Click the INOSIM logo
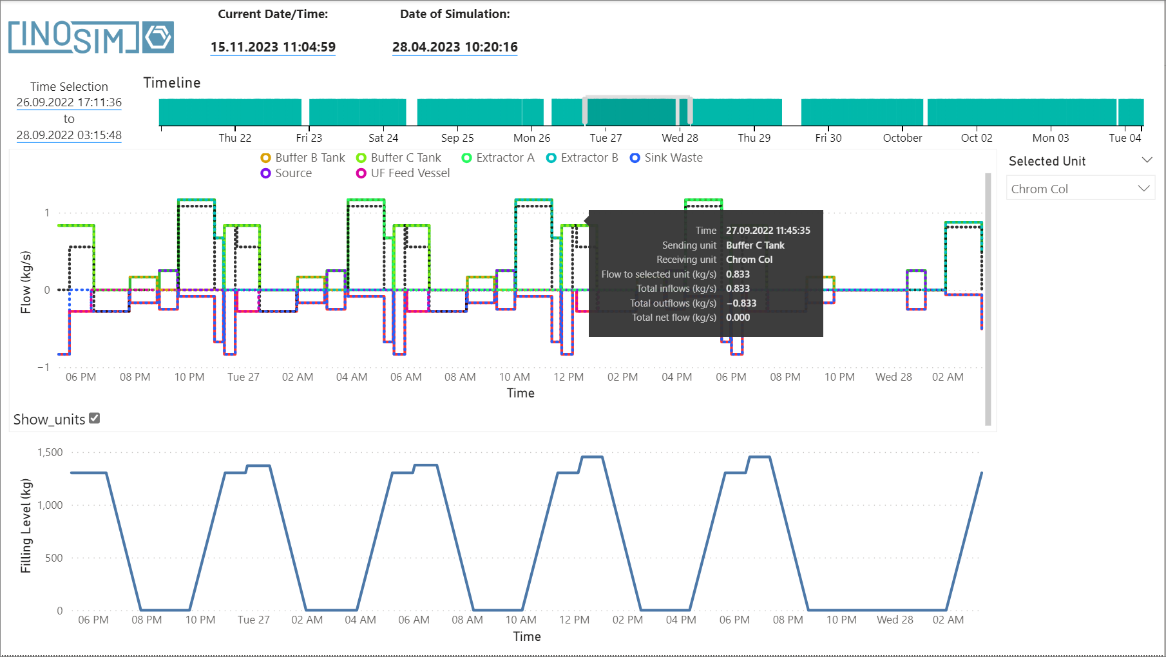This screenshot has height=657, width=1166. click(x=90, y=37)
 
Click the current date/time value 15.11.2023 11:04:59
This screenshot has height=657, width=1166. click(x=272, y=47)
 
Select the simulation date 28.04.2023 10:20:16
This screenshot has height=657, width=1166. click(x=455, y=47)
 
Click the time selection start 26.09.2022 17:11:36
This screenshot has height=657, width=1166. click(x=69, y=102)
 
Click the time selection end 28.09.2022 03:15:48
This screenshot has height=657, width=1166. click(x=69, y=135)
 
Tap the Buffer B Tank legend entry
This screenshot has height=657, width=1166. click(x=303, y=158)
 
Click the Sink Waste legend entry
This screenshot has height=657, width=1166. click(x=666, y=158)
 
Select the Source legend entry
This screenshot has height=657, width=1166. click(x=286, y=173)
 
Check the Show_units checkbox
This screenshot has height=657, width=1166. click(x=95, y=418)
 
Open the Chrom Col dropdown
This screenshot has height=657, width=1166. click(x=1080, y=189)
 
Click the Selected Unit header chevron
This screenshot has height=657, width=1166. click(x=1147, y=160)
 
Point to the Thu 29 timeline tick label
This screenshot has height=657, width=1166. click(x=754, y=138)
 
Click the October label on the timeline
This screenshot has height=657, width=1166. click(x=902, y=138)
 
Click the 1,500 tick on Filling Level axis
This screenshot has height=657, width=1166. click(x=50, y=452)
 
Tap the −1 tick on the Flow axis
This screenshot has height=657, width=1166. click(x=43, y=367)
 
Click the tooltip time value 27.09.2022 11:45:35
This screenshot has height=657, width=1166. click(x=768, y=231)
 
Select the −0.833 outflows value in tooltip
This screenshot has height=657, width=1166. click(x=741, y=303)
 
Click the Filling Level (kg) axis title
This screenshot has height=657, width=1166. click(x=26, y=526)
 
